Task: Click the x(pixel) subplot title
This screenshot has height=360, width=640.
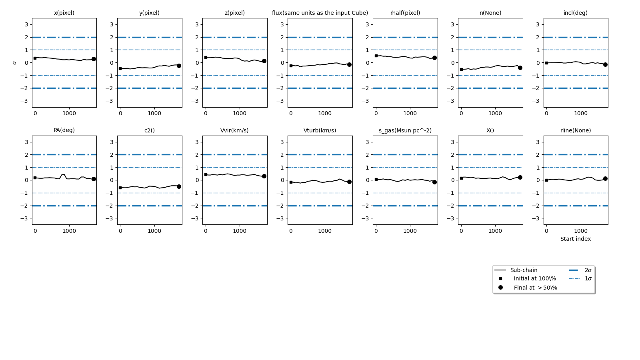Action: click(x=64, y=13)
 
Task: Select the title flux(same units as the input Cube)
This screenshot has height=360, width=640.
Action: click(x=320, y=13)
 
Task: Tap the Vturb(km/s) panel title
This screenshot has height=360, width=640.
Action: click(x=320, y=130)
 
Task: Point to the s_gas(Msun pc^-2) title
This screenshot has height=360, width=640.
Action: click(x=405, y=130)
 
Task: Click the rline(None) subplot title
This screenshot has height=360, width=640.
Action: click(x=576, y=130)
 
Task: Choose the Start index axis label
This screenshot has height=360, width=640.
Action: click(x=576, y=239)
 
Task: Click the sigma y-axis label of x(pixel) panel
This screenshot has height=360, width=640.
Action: click(x=14, y=63)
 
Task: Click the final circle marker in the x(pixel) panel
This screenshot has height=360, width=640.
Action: click(x=94, y=59)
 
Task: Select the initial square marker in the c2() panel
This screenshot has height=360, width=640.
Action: click(x=120, y=188)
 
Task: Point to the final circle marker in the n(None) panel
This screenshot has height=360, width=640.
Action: click(x=520, y=68)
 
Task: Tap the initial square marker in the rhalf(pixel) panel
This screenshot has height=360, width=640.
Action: click(x=376, y=56)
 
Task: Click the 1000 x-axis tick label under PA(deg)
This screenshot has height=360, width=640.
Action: click(x=69, y=231)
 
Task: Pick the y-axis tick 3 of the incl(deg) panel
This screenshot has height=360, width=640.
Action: click(x=538, y=24)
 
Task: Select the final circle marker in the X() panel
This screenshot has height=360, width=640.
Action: click(x=520, y=177)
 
